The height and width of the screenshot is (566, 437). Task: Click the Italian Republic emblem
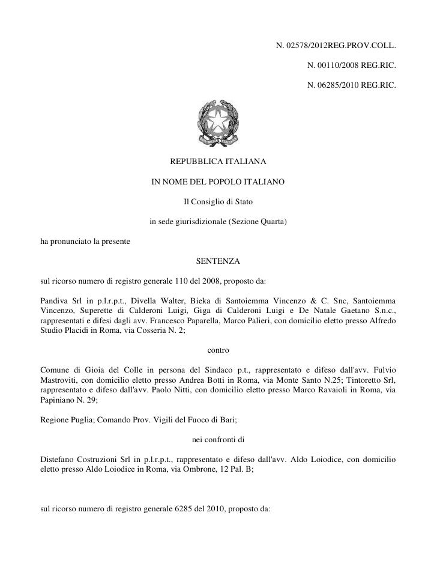click(218, 124)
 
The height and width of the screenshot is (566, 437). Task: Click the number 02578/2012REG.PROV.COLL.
click(340, 46)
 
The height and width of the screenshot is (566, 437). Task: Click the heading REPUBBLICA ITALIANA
click(218, 162)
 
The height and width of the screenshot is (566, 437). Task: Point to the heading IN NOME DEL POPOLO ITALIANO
click(218, 181)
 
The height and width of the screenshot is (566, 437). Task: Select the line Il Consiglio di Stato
click(218, 201)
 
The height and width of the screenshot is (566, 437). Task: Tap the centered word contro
click(218, 349)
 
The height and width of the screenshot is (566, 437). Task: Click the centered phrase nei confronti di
click(218, 438)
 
